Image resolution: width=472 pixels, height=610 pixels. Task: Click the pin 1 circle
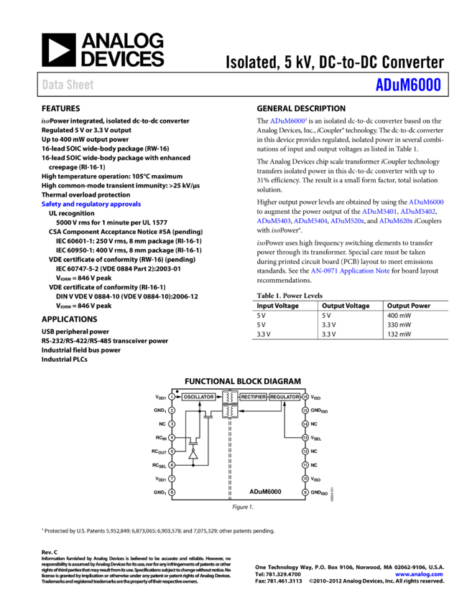[172, 397]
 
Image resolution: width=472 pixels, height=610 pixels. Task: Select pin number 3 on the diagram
[172, 424]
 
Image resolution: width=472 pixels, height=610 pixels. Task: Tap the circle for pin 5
[172, 451]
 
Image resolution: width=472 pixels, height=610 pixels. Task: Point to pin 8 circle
[172, 492]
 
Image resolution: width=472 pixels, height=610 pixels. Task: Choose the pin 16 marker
[305, 397]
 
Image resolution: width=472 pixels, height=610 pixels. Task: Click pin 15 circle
[305, 410]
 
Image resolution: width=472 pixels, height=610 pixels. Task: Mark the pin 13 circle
[305, 438]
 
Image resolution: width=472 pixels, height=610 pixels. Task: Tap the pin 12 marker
[305, 451]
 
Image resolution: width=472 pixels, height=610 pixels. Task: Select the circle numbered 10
[305, 479]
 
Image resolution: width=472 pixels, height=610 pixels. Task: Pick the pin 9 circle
[305, 492]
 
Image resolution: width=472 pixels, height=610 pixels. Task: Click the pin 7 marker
[172, 479]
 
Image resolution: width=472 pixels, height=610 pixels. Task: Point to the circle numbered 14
[305, 424]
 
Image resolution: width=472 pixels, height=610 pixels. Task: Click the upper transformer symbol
[230, 398]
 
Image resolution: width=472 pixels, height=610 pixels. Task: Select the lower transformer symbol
[230, 411]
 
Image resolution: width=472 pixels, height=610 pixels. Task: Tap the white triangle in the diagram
[193, 455]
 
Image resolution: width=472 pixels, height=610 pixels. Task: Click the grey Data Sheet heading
[68, 85]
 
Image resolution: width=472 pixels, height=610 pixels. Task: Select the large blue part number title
[408, 85]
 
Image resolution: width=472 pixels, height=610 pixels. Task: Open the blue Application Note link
[350, 271]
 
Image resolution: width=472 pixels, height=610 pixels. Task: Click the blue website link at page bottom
[419, 575]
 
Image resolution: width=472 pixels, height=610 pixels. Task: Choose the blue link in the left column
[91, 205]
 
